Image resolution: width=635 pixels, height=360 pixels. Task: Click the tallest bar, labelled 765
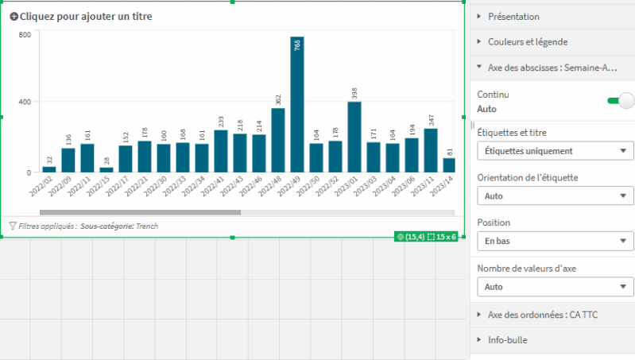[297, 104]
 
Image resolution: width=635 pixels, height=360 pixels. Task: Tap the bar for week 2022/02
[49, 169]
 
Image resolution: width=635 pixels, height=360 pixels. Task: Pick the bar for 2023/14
[450, 165]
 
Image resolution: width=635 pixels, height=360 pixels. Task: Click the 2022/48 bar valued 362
[278, 140]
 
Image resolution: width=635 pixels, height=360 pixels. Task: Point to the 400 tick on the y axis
[25, 102]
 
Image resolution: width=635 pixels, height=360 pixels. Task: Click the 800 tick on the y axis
[25, 35]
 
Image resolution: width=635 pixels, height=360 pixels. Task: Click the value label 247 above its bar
[431, 120]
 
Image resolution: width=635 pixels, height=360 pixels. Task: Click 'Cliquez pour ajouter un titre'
[86, 16]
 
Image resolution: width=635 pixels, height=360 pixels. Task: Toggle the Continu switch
[621, 100]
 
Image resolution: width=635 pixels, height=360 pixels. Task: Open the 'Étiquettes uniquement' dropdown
[555, 151]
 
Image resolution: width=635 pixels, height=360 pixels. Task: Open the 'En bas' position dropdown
[555, 240]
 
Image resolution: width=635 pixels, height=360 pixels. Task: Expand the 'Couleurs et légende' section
[527, 41]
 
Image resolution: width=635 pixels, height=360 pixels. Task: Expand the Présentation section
[513, 16]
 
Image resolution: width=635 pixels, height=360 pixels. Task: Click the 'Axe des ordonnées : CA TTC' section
[542, 315]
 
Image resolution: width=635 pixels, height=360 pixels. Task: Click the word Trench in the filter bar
[147, 226]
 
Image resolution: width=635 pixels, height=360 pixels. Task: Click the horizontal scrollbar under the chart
[140, 212]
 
